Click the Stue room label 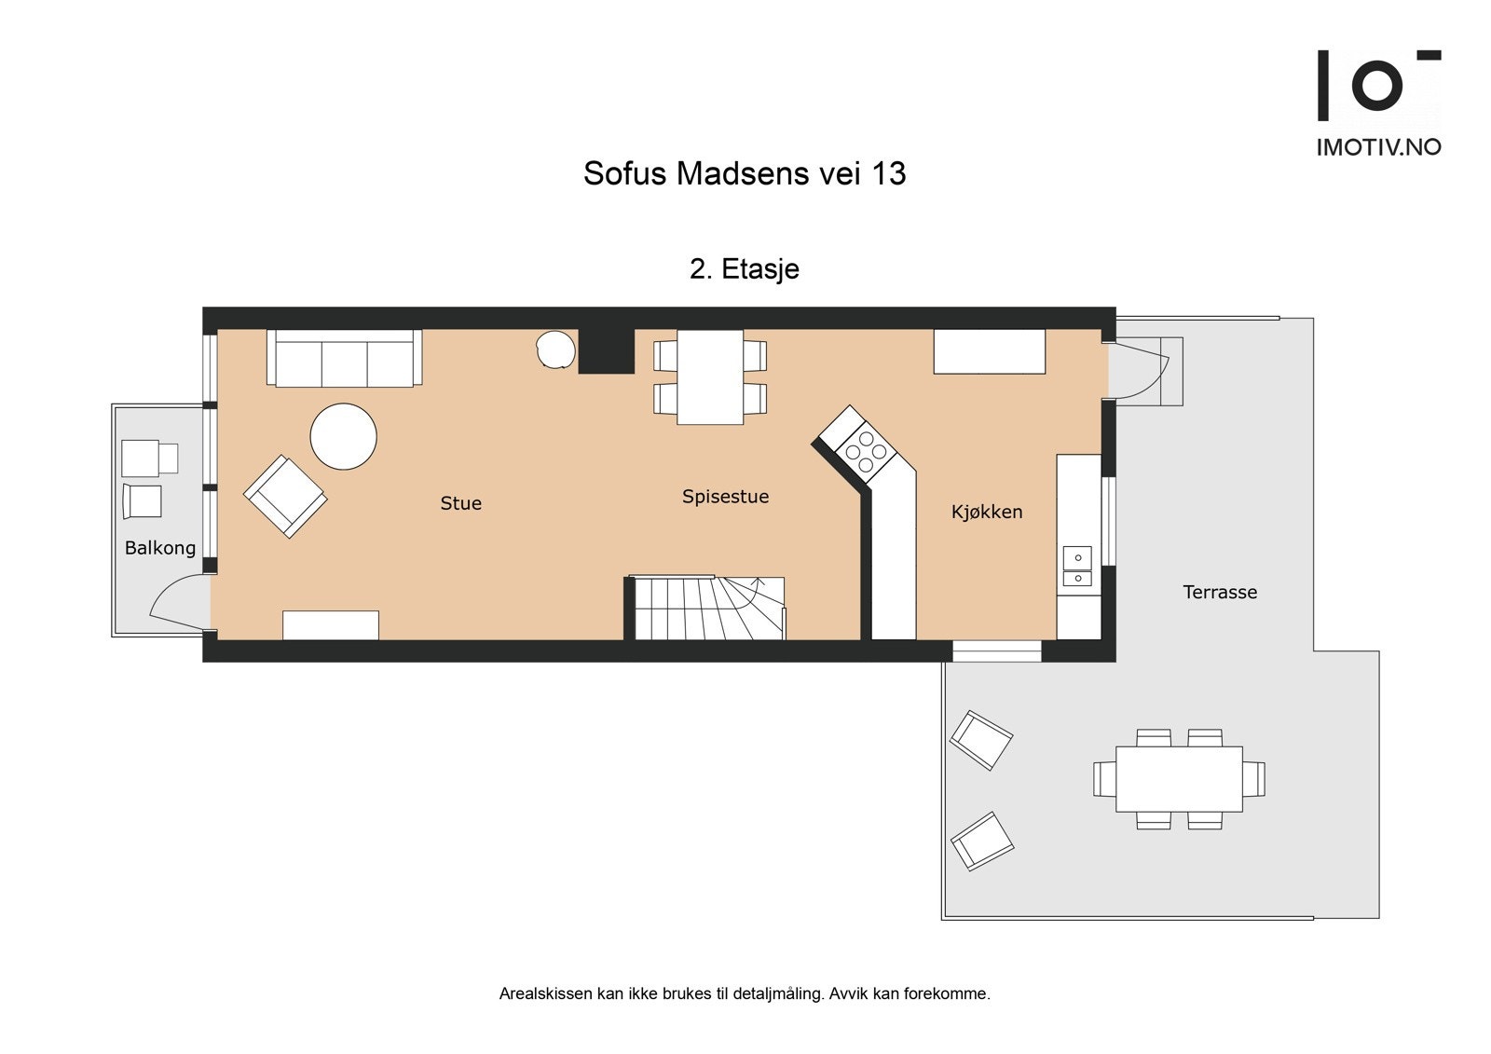pos(460,503)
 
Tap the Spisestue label pos(725,497)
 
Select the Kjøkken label pos(986,512)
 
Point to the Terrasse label pos(1219,592)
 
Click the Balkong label pos(160,548)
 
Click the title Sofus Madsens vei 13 pos(744,173)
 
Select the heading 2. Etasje pos(744,269)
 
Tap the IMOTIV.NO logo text pos(1378,146)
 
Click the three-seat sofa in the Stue pos(344,358)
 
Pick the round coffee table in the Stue pos(343,436)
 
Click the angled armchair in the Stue pos(285,496)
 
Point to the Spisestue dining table pos(710,376)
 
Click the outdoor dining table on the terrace pos(1179,778)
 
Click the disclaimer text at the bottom pos(744,993)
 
